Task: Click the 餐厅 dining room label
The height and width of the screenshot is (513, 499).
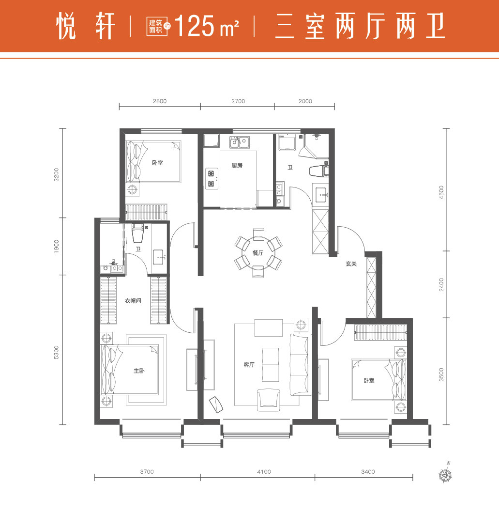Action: click(258, 253)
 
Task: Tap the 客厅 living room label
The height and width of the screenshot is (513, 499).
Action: click(249, 365)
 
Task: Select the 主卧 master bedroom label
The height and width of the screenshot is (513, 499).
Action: click(139, 371)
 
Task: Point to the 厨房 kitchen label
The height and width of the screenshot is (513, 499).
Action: click(237, 166)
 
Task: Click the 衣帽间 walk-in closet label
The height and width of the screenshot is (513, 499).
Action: click(133, 301)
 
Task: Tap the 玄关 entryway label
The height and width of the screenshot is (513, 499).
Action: click(351, 264)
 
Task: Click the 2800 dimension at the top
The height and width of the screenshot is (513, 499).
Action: click(160, 101)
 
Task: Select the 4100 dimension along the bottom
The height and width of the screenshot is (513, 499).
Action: click(264, 472)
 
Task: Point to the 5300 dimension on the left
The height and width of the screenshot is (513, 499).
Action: click(57, 352)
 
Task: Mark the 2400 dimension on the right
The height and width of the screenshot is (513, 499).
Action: click(442, 285)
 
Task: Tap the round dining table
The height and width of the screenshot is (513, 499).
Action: click(258, 253)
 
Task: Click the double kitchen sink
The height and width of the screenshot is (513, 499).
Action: click(239, 142)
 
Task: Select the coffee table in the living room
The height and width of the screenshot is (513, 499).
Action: click(270, 364)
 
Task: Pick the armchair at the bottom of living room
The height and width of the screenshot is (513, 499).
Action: click(268, 400)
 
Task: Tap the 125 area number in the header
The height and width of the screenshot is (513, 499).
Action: click(194, 26)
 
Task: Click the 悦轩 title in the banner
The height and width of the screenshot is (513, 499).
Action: click(86, 26)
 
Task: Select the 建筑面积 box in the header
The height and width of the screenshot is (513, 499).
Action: click(157, 26)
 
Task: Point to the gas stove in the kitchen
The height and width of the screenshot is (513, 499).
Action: click(212, 178)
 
